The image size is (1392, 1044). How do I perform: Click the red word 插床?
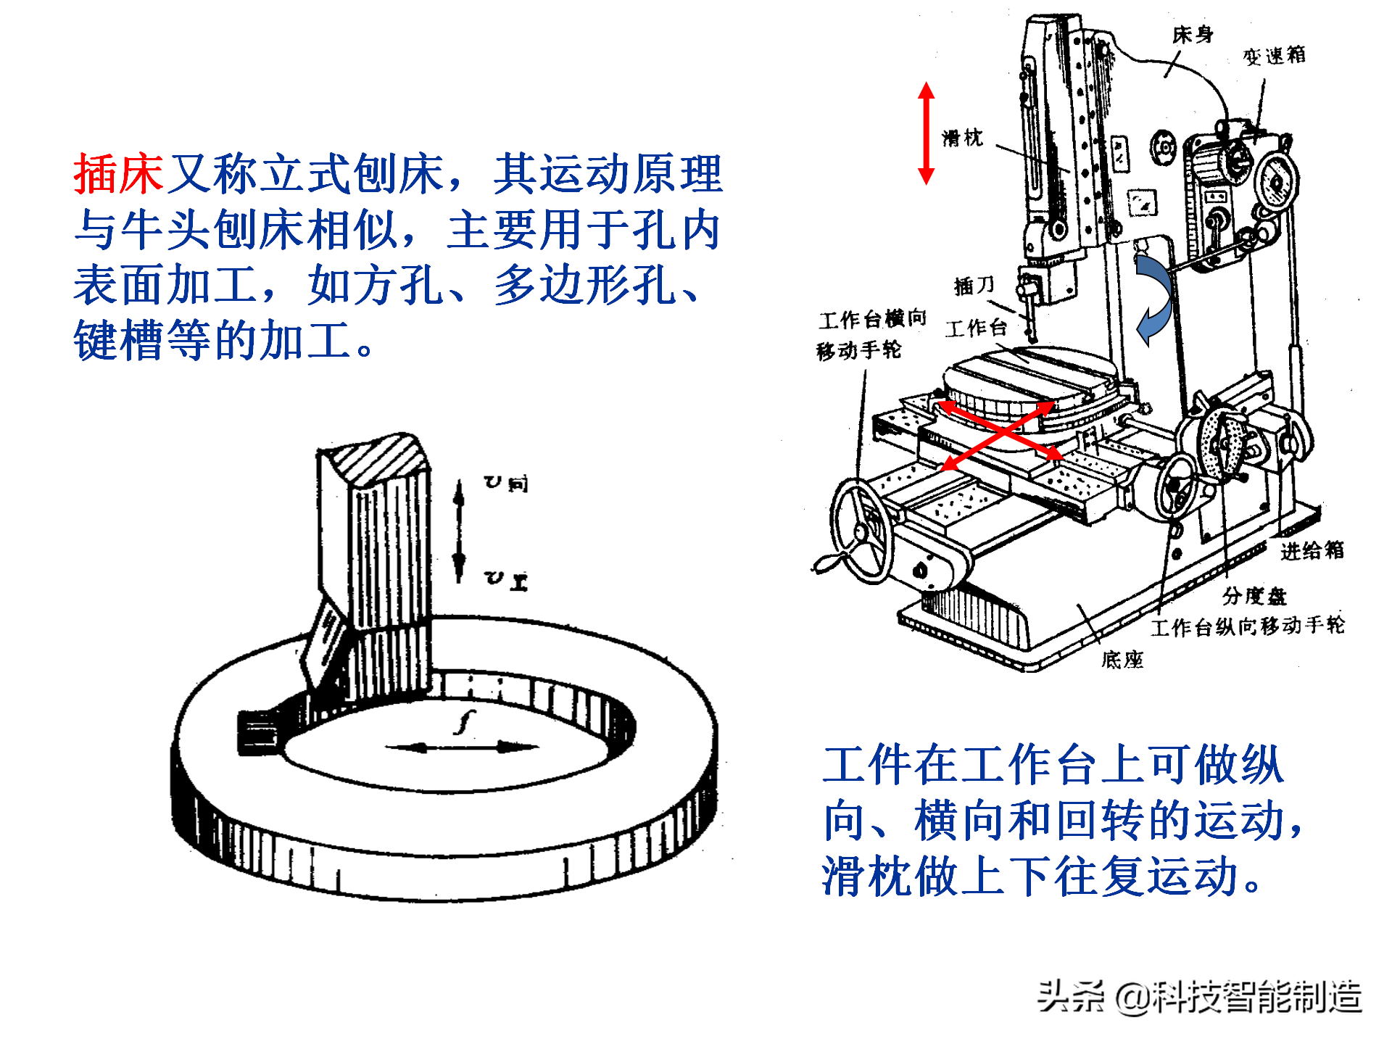point(118,174)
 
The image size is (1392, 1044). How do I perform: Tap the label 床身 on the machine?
point(1192,34)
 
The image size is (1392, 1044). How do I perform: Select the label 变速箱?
point(1274,56)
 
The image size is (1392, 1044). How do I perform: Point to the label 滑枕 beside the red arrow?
point(962,138)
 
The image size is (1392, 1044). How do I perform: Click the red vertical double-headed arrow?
point(926,133)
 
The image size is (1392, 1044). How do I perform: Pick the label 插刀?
point(974,285)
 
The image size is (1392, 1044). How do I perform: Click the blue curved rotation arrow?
point(1155,299)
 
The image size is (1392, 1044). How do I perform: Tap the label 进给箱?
point(1312,550)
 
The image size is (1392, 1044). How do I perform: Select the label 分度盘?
point(1254,596)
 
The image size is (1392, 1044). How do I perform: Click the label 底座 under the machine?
point(1122,659)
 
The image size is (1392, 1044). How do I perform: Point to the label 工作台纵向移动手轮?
point(1247,626)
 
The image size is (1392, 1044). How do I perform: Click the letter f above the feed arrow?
point(465,722)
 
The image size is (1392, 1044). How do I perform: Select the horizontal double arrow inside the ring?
point(462,747)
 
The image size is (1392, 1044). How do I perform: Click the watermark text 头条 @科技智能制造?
point(1199,996)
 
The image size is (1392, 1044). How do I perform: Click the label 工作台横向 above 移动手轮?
point(872,319)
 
